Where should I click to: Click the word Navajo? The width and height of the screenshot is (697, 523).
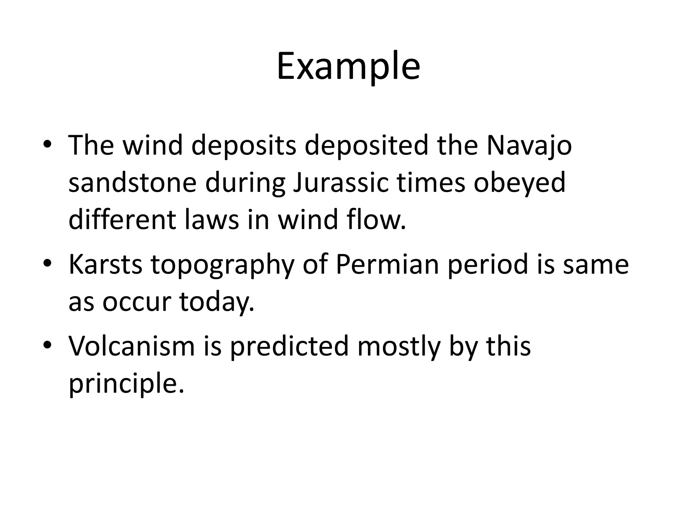click(529, 146)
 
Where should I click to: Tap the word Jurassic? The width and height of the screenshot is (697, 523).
click(340, 183)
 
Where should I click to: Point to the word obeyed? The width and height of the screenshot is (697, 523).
click(519, 183)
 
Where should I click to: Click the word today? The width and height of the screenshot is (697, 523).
click(216, 302)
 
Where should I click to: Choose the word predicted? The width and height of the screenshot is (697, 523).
click(289, 347)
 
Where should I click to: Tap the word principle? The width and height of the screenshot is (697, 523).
click(126, 384)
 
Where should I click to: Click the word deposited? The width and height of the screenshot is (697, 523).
click(366, 146)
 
